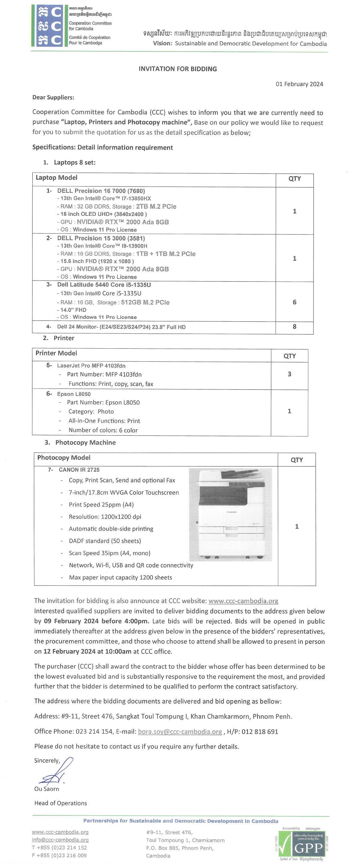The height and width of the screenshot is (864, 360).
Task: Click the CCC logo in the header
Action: point(47,26)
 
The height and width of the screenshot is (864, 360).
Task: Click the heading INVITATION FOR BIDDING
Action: point(178,69)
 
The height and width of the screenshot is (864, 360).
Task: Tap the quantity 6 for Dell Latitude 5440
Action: point(294,302)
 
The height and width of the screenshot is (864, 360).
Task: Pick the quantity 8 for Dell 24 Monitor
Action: point(294,327)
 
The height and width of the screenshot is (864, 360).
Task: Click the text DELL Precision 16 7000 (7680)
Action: point(101,191)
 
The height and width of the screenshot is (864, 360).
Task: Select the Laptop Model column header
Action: point(56,178)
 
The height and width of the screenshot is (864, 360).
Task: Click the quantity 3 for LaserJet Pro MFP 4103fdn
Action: point(289,374)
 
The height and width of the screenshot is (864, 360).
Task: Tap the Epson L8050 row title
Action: point(73,394)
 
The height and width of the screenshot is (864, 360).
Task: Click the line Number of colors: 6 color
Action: point(103,430)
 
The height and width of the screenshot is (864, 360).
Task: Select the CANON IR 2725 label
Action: point(79,470)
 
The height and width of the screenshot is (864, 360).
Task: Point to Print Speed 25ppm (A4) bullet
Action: point(101,505)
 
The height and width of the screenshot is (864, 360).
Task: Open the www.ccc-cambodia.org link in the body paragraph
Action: point(243,601)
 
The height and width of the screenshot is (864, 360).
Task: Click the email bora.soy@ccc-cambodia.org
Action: point(180,732)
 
